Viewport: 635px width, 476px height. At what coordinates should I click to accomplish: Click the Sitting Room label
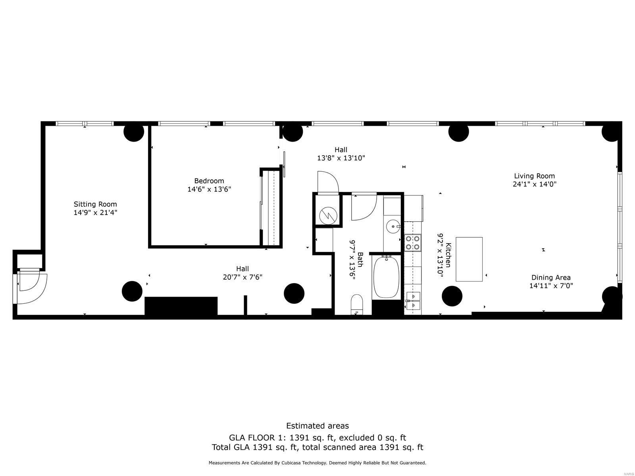(x=95, y=204)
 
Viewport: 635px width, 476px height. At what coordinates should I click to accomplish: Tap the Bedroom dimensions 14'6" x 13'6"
(x=209, y=189)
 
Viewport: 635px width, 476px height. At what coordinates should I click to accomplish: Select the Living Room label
(x=534, y=176)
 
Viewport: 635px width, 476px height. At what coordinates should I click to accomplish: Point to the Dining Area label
(x=551, y=277)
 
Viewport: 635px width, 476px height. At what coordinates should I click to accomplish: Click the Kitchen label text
(x=448, y=255)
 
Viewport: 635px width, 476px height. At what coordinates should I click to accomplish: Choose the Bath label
(x=360, y=259)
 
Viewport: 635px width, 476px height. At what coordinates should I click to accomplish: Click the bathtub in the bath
(x=386, y=277)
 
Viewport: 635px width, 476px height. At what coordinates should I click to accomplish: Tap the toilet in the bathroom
(x=357, y=304)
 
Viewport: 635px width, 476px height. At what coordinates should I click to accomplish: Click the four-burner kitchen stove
(x=412, y=243)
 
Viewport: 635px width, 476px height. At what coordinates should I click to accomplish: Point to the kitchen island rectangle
(x=469, y=259)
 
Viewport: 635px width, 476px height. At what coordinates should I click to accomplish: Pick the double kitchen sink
(x=413, y=301)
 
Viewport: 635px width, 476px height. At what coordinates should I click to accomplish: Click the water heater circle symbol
(x=328, y=215)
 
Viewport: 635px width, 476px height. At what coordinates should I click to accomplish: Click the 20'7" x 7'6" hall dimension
(x=242, y=277)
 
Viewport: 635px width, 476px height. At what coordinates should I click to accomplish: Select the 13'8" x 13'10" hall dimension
(x=341, y=158)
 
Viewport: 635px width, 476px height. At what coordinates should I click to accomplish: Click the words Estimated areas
(x=317, y=426)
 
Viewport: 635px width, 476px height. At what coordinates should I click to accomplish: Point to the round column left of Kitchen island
(x=452, y=296)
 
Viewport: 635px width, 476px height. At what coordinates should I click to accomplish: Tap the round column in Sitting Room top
(x=134, y=132)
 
